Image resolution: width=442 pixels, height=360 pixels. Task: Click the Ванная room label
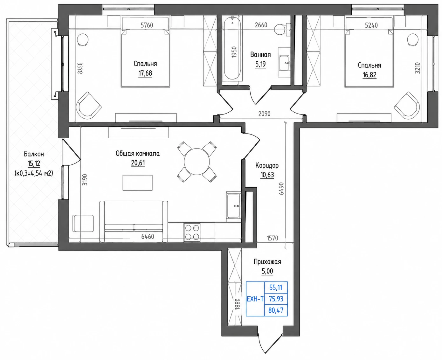point(260,55)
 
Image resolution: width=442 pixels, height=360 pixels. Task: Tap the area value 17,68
point(145,73)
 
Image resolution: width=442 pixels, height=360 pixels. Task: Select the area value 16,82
point(369,75)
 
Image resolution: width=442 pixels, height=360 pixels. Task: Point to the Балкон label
point(34,154)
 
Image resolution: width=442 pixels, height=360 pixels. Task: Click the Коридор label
point(267,165)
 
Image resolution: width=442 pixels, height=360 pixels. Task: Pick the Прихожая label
point(267,262)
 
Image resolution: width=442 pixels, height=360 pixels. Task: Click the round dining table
point(197,162)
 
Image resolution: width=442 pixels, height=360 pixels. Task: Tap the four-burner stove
point(192,232)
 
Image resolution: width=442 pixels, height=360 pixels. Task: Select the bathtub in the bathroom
point(232,48)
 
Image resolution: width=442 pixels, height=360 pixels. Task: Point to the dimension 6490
point(281,188)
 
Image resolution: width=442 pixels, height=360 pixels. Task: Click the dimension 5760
point(147,25)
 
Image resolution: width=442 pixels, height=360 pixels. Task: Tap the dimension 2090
point(264,114)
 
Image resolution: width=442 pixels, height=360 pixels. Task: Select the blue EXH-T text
point(255,299)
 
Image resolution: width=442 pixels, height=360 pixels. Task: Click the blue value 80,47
point(276,310)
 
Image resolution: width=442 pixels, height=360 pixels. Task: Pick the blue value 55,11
point(276,287)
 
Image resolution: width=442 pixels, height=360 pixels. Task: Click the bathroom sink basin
point(284,63)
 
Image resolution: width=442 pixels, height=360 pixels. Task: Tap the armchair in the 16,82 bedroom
point(407,106)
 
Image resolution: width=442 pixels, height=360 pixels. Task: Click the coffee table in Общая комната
point(137,183)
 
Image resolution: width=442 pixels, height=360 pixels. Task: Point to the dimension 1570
point(273,238)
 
